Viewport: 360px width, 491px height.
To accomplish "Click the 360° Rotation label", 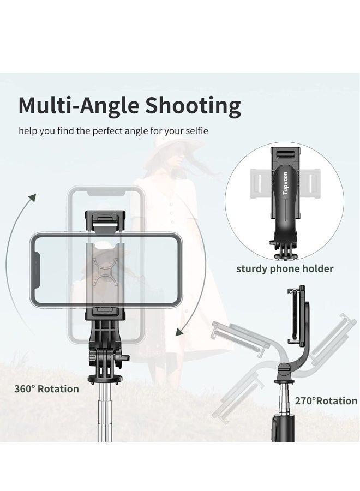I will point(46,389).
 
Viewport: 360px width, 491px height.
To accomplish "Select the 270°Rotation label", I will point(326,400).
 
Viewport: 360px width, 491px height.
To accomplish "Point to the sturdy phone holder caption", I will point(285,268).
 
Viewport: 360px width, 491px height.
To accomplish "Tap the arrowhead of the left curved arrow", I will point(33,197).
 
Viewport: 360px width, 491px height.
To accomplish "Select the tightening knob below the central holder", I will point(124,358).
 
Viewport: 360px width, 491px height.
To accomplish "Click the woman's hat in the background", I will point(170,147).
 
